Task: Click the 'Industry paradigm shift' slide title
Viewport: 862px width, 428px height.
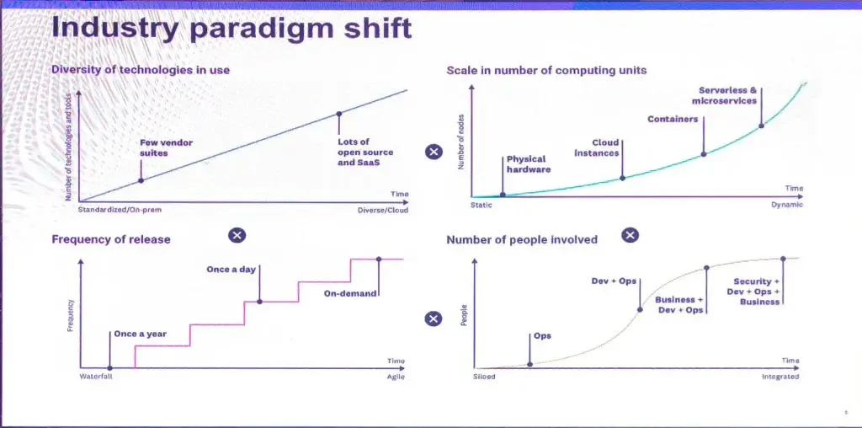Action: (231, 29)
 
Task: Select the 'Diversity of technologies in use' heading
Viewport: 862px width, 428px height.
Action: (141, 70)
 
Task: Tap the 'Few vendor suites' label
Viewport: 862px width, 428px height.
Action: (166, 147)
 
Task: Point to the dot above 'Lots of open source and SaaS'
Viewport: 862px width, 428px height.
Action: (339, 114)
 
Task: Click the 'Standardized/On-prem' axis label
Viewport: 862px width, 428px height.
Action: (120, 210)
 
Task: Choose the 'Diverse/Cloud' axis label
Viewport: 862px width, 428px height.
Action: (383, 210)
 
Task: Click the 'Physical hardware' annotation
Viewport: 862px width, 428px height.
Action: (529, 164)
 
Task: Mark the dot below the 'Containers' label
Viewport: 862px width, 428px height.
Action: (703, 154)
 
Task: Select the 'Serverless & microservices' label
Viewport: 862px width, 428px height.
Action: (724, 95)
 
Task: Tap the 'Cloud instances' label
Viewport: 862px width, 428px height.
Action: (597, 147)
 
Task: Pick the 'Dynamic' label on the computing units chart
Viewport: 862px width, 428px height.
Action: (787, 205)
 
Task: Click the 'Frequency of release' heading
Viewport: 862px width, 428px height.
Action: (110, 239)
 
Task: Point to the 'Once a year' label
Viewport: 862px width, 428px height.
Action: (141, 334)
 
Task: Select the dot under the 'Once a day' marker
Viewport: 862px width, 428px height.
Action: (259, 302)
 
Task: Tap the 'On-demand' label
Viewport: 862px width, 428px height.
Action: (350, 293)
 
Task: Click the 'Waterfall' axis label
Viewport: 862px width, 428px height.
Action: (96, 377)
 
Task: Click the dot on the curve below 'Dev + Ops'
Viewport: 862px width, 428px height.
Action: (640, 309)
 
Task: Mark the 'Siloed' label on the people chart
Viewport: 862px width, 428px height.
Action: (484, 377)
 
